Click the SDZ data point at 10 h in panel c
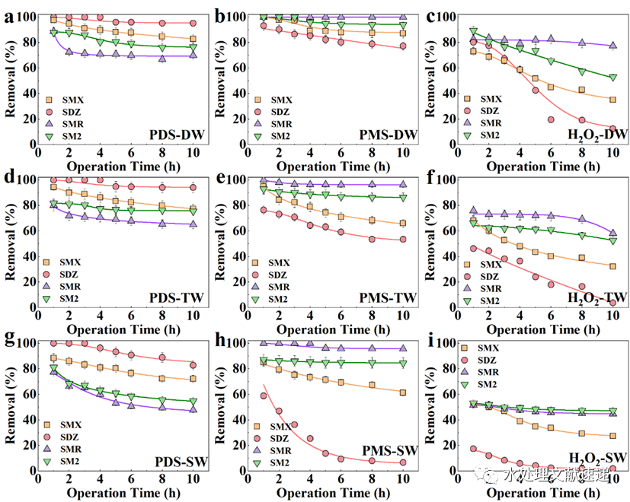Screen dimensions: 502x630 tap(612, 128)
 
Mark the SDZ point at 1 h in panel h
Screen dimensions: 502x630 tap(264, 396)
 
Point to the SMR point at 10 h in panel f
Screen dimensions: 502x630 tap(612, 234)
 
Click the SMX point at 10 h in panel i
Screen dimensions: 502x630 tap(612, 436)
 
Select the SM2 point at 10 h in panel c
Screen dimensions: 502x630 tap(612, 77)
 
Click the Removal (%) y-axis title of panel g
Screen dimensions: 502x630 tap(11, 406)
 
